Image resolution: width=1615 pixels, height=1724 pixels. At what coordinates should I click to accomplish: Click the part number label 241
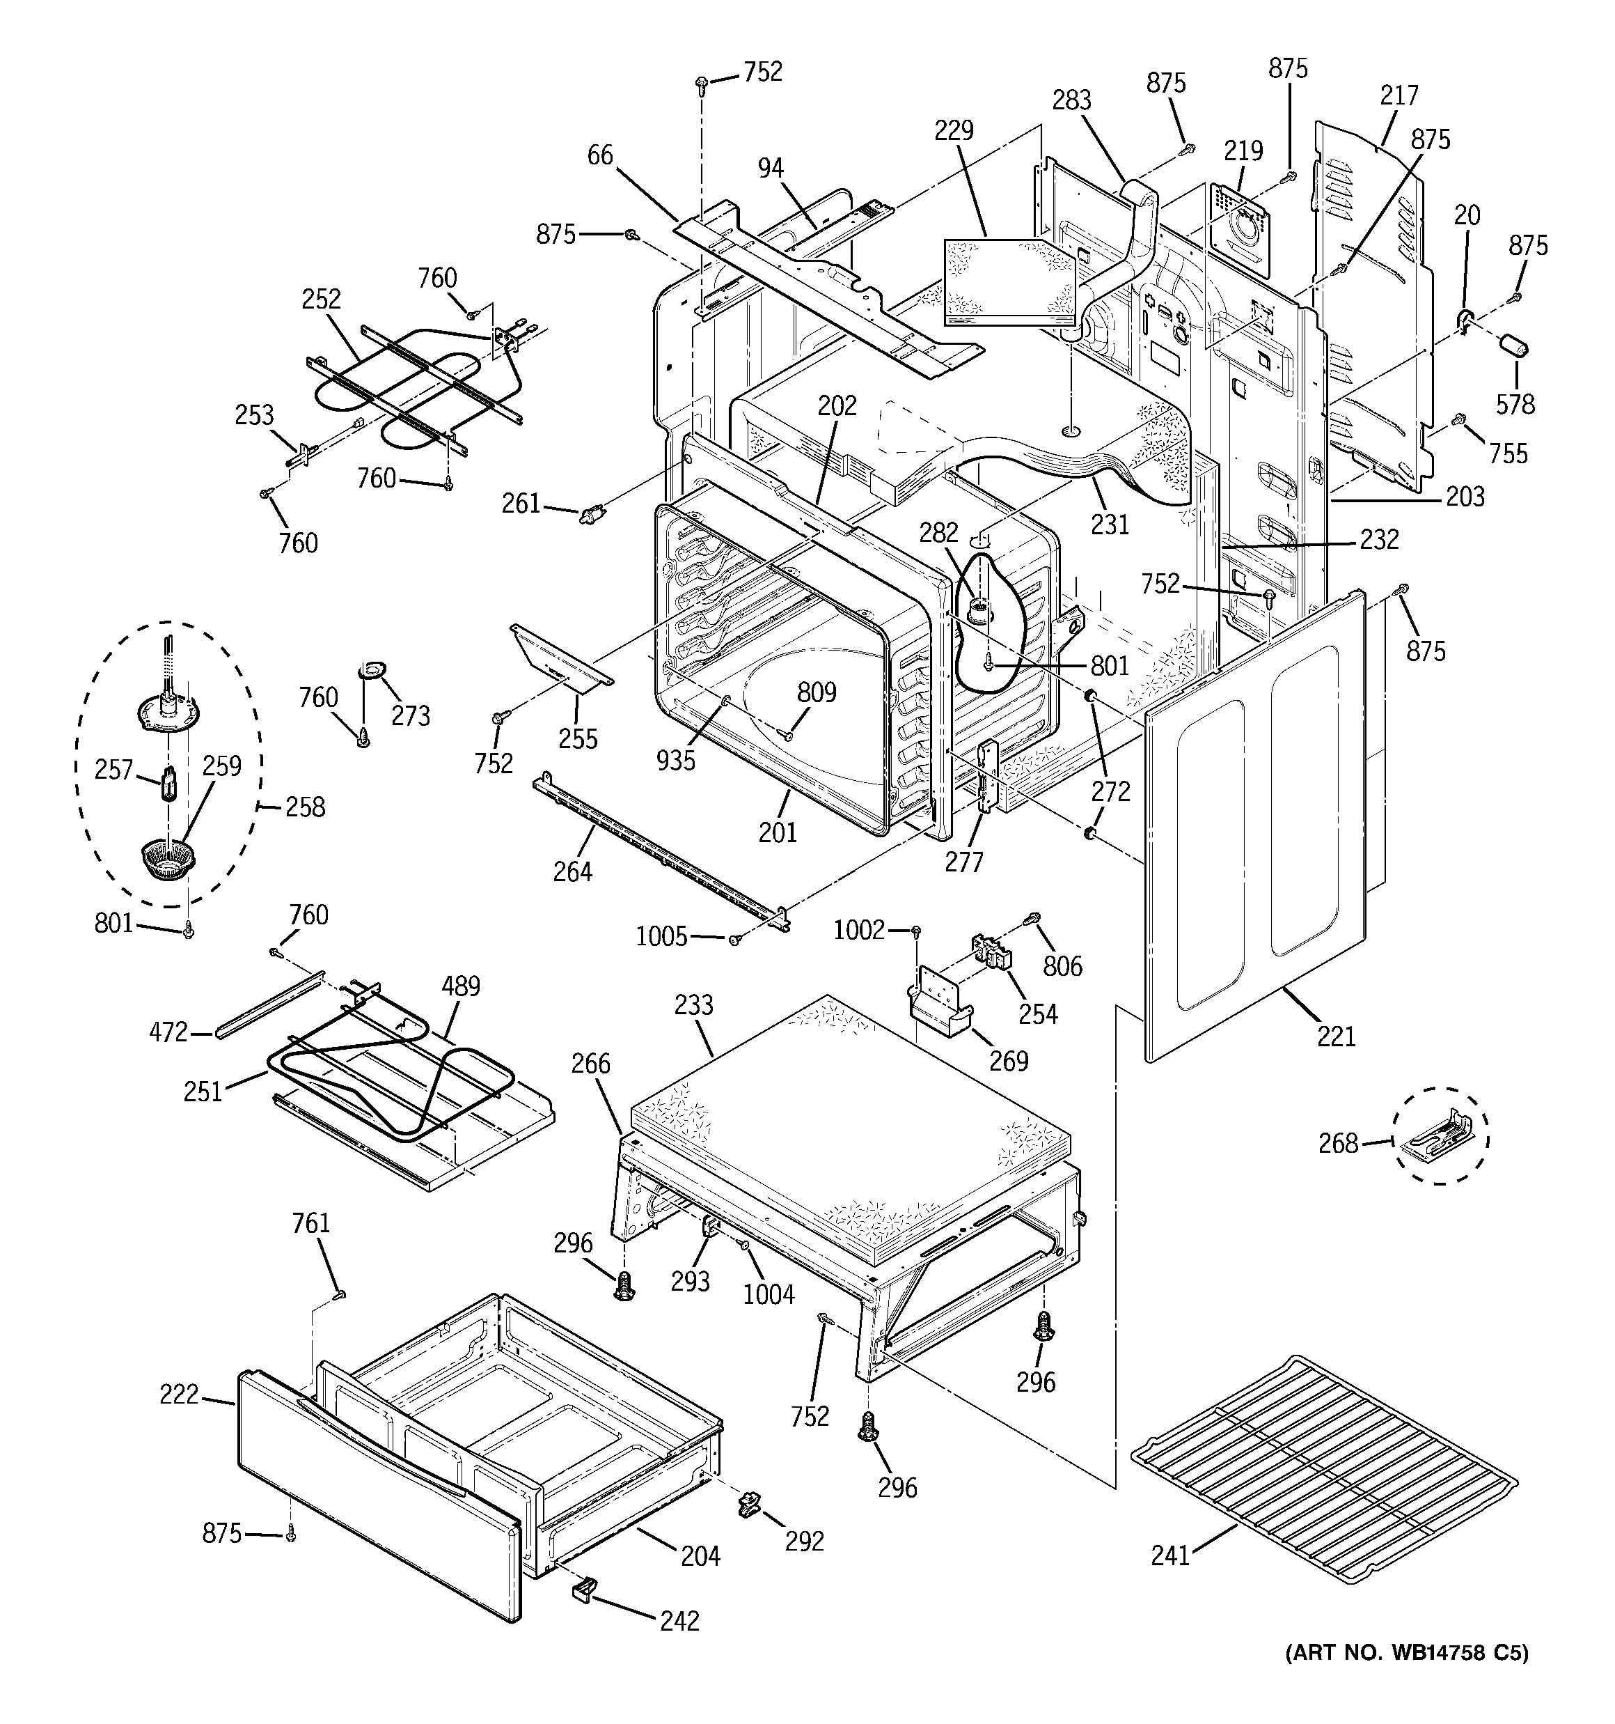1169,1580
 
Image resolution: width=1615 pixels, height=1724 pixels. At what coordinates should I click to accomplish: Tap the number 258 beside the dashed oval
305,807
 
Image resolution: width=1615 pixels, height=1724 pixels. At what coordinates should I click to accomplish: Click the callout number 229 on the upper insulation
954,130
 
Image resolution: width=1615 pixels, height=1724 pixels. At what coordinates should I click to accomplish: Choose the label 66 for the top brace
600,155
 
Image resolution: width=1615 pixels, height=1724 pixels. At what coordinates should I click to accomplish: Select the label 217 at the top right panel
1399,95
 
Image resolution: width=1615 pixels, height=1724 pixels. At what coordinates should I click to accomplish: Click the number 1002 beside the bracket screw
858,931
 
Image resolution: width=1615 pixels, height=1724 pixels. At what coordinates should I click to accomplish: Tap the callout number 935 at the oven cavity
675,760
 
